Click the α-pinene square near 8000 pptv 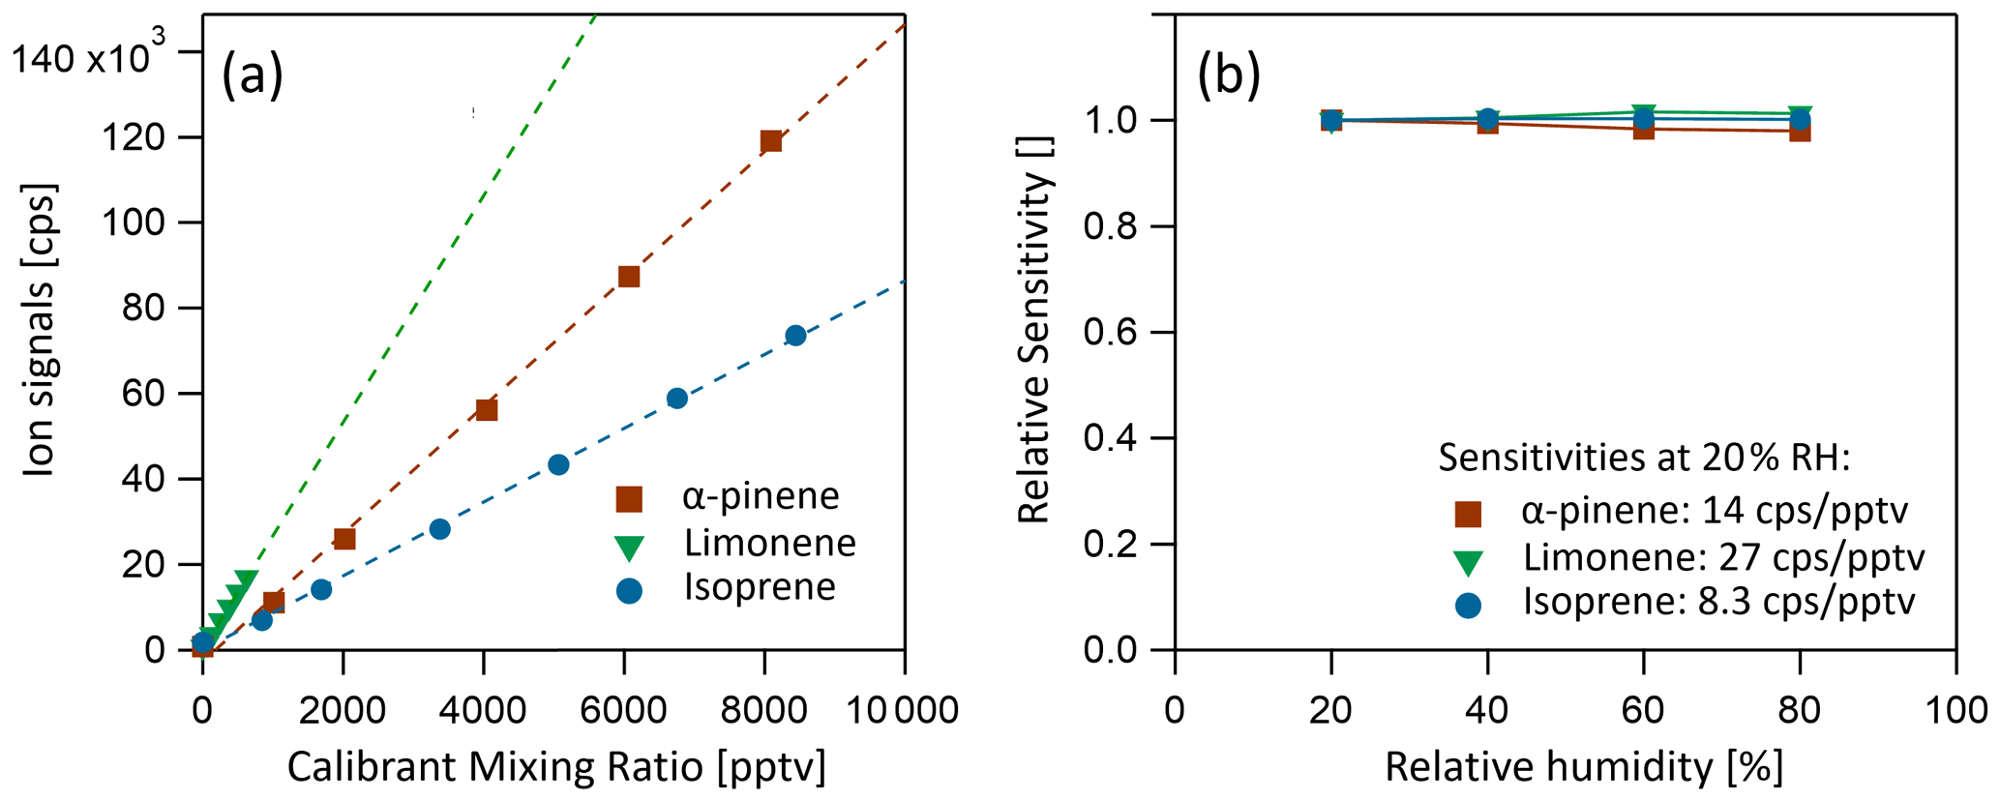point(771,141)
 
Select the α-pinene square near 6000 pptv point(629,277)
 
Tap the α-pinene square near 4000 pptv point(487,410)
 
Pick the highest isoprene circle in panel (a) point(795,336)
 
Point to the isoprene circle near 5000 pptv point(558,464)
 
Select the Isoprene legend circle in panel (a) point(630,590)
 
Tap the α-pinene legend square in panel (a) point(630,499)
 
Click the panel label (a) point(253,74)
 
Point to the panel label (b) point(1229,74)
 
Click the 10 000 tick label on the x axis point(904,710)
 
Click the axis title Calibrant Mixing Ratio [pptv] point(556,767)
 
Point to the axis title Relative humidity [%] point(1584,767)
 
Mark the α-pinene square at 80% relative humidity point(1800,131)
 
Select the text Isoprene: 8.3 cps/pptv point(1719,602)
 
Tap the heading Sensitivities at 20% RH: point(1644,457)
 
